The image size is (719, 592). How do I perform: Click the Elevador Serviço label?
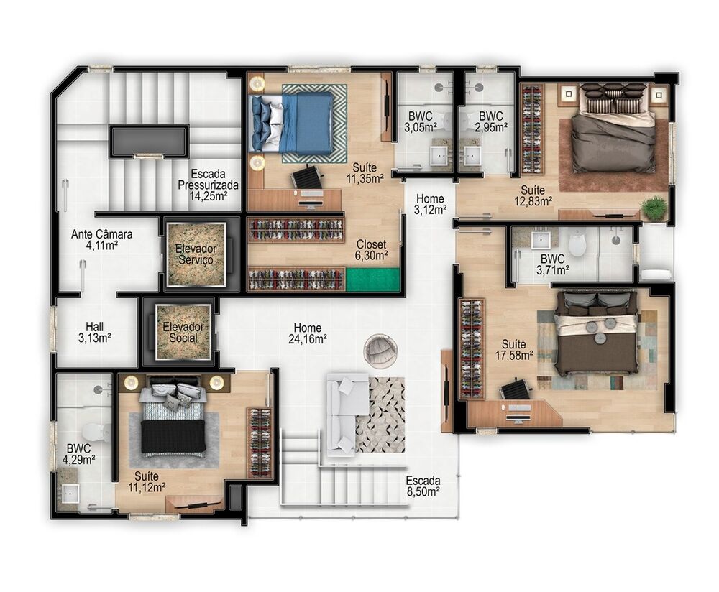(x=196, y=254)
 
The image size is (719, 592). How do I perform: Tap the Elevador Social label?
(x=183, y=333)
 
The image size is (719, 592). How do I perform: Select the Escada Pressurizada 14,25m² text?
(x=209, y=185)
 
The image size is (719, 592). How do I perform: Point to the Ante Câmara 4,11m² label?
(x=102, y=240)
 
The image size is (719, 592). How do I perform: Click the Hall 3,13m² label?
(x=95, y=332)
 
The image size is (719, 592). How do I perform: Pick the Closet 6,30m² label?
(x=372, y=250)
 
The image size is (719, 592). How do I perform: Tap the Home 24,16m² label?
(x=308, y=333)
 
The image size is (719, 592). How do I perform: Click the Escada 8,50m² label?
(x=423, y=486)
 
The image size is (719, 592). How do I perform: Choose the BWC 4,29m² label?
(x=78, y=453)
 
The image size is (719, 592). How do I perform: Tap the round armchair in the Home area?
(x=380, y=351)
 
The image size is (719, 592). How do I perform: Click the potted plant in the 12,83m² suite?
(x=654, y=208)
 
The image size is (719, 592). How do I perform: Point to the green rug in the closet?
(x=372, y=280)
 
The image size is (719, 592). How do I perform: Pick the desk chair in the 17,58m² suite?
(x=515, y=390)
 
